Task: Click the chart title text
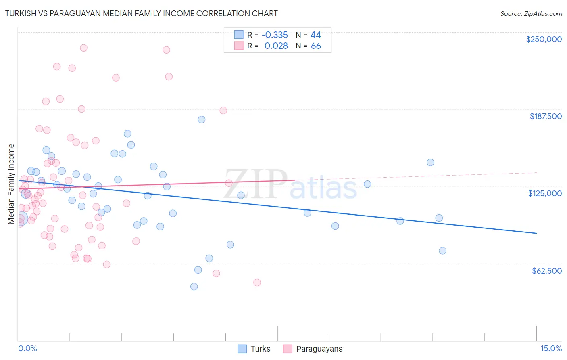tap(141, 13)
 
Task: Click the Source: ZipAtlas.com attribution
tap(531, 13)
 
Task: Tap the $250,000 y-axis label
tap(544, 39)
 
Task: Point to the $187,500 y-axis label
tap(545, 116)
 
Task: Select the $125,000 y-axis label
tap(545, 193)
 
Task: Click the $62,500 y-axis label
tap(546, 271)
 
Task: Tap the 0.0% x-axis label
tap(27, 349)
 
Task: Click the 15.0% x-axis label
tap(551, 349)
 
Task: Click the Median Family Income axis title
tap(11, 184)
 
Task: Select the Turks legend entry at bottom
tap(254, 349)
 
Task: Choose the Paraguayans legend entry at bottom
tap(313, 349)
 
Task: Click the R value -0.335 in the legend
tap(274, 35)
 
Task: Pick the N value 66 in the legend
tap(316, 46)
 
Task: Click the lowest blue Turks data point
tap(194, 287)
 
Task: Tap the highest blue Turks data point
tap(202, 119)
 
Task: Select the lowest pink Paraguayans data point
tap(257, 283)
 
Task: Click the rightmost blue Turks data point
tap(442, 251)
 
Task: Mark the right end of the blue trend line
tap(536, 233)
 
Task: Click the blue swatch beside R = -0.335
tap(239, 35)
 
